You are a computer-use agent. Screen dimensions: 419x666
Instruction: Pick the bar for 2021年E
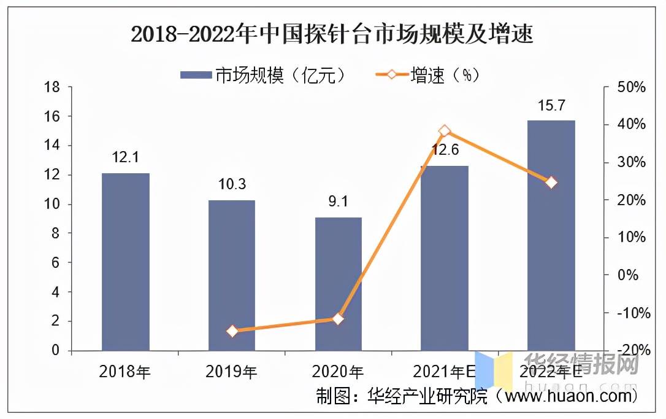(444, 258)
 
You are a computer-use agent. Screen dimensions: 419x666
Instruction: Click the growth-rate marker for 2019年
(232, 331)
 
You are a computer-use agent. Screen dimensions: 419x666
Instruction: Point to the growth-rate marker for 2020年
(338, 318)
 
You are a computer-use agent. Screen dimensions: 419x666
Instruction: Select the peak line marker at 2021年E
(445, 131)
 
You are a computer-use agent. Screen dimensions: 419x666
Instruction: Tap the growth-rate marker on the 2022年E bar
(551, 182)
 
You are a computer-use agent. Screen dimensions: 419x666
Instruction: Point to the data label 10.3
(231, 185)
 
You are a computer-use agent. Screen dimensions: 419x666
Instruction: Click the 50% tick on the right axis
(632, 87)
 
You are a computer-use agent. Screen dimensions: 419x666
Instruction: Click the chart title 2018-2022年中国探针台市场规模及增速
(332, 35)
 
